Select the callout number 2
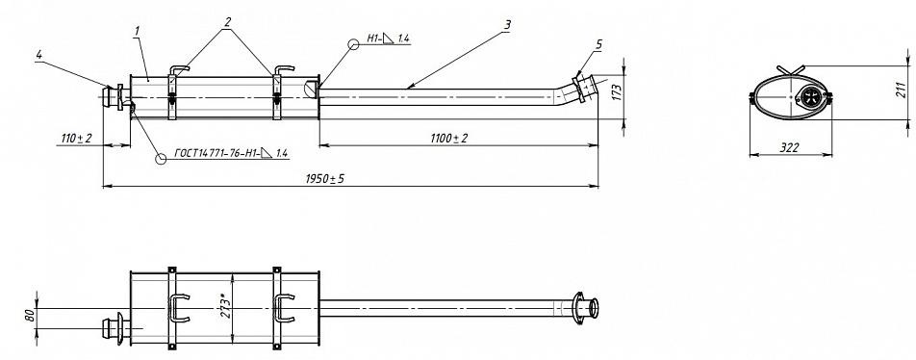[227, 22]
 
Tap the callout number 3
[508, 25]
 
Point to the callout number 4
[39, 54]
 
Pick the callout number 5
[598, 44]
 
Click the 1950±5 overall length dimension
[325, 179]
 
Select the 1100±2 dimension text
[448, 138]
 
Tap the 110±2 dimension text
[77, 138]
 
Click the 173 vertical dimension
[615, 91]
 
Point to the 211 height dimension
[903, 90]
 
